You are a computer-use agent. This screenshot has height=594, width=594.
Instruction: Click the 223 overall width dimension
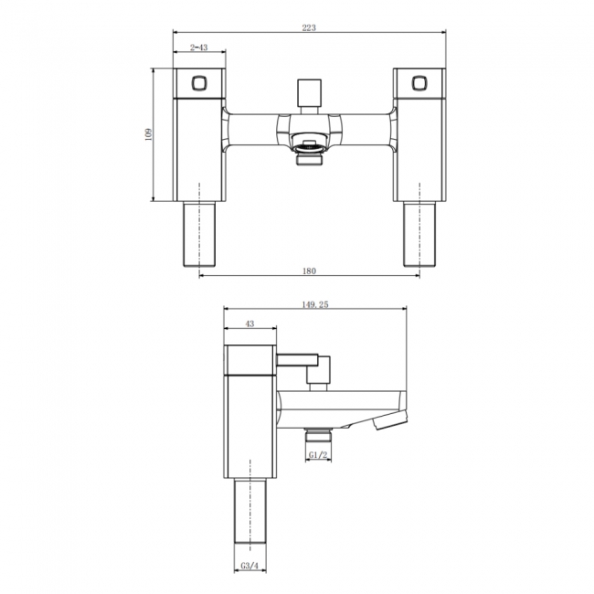pyautogui.click(x=308, y=27)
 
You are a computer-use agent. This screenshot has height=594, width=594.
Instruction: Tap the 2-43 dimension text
pyautogui.click(x=198, y=47)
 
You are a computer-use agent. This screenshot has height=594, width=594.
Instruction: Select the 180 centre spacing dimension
pyautogui.click(x=308, y=270)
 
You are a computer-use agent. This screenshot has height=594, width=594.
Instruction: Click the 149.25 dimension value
pyautogui.click(x=313, y=305)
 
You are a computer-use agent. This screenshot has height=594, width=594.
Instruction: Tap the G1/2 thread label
pyautogui.click(x=318, y=454)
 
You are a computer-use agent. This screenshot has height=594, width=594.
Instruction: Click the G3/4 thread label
pyautogui.click(x=250, y=567)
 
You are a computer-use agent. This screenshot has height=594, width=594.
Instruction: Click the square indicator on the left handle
pyautogui.click(x=199, y=84)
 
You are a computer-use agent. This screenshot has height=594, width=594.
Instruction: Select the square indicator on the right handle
pyautogui.click(x=419, y=84)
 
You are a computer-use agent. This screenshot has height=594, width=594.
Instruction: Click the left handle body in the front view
pyautogui.click(x=199, y=146)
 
